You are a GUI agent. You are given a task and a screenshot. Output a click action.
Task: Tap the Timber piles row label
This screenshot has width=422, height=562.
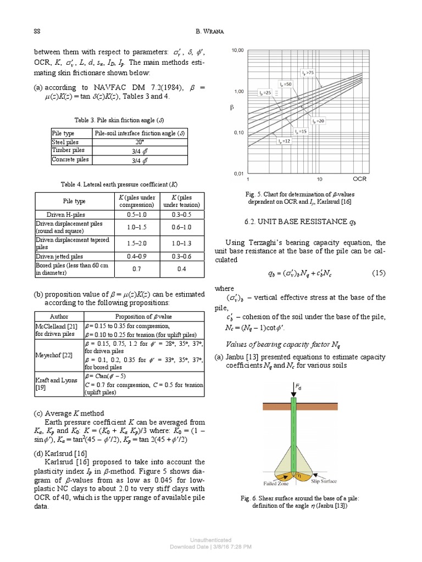68,150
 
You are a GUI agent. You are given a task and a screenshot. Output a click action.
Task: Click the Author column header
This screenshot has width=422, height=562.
59,316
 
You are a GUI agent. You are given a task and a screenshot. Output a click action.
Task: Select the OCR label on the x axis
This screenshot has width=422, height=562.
359,178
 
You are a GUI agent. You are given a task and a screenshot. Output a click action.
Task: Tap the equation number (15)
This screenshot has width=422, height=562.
379,273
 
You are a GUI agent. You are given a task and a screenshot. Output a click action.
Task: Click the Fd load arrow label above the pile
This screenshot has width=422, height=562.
299,387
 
